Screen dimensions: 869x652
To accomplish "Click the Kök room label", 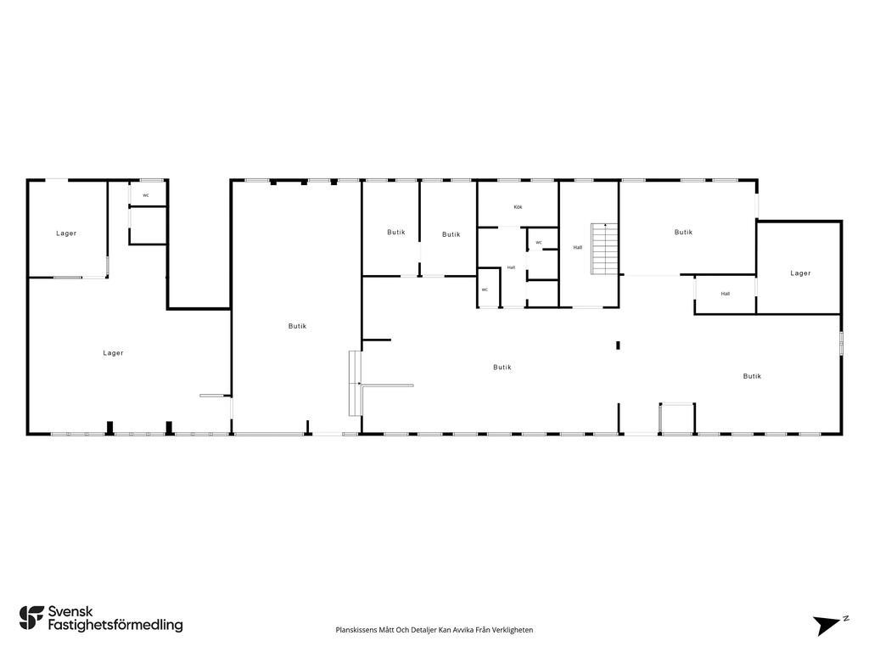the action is click(518, 207).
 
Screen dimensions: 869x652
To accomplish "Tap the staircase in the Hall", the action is click(604, 249).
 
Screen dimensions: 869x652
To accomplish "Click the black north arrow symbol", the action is click(827, 625).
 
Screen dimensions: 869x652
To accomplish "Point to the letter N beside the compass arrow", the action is click(846, 618).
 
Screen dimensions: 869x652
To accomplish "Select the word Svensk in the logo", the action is click(70, 611).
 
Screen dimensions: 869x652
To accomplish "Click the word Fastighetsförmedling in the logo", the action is click(115, 625).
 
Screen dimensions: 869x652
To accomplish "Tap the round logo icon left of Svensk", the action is click(31, 618).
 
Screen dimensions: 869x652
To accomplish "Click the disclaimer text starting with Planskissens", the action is click(434, 630).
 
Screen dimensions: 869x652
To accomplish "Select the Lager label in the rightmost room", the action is click(799, 273).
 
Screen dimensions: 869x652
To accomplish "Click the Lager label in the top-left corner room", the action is click(66, 233).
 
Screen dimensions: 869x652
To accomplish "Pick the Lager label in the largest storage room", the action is click(113, 352).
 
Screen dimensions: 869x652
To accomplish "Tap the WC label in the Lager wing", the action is click(146, 195).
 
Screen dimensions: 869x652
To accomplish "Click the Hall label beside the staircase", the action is click(577, 247).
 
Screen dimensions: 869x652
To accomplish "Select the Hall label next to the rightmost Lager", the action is click(725, 294).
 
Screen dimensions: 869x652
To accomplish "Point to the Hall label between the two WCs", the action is click(511, 267).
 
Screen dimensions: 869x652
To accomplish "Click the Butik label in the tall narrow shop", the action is click(297, 326).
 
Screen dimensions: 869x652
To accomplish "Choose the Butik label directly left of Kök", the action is click(451, 234).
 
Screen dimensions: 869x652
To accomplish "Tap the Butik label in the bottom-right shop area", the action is click(752, 376).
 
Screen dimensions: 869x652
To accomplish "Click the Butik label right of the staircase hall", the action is click(683, 233).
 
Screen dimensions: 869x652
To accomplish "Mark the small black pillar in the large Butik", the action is click(618, 346).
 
